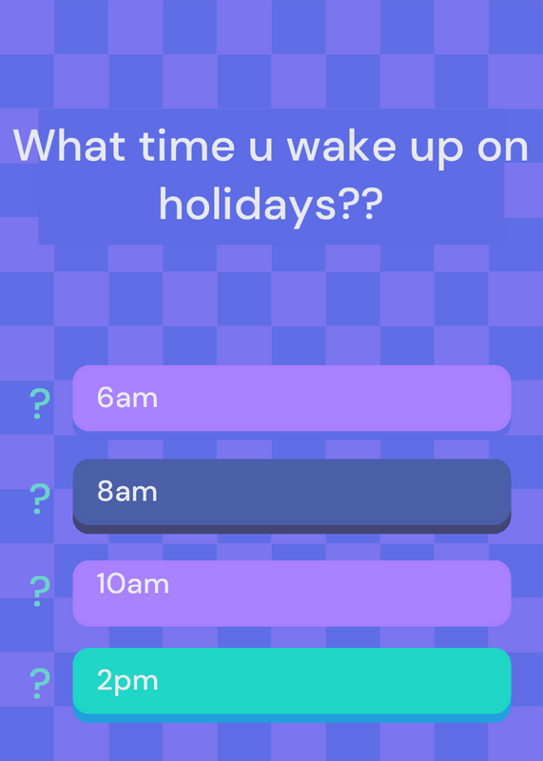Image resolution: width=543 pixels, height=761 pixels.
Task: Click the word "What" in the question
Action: coord(69,145)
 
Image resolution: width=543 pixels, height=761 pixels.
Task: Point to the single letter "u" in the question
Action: coord(262,149)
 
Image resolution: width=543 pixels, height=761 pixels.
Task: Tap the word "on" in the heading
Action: coord(503,149)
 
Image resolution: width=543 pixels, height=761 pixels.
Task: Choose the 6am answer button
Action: coord(292,399)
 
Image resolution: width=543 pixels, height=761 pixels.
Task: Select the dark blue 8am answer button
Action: coord(292,496)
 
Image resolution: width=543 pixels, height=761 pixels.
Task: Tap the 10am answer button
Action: coord(292,593)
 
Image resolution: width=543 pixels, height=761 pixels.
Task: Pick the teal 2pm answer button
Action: coord(292,684)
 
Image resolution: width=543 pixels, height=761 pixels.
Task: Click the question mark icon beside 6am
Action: coord(39,403)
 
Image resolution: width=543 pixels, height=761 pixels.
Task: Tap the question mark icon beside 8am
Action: coord(39,498)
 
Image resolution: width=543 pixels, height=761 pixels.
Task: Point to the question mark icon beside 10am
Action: coord(39,591)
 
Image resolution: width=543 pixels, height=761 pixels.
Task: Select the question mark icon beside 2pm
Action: coord(39,683)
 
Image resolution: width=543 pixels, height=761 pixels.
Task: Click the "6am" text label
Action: coord(127,398)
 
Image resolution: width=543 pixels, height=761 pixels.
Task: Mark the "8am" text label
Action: coord(127,492)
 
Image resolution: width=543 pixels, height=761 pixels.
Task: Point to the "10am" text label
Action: coord(132,583)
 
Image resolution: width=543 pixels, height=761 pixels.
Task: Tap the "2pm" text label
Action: coord(127,682)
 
